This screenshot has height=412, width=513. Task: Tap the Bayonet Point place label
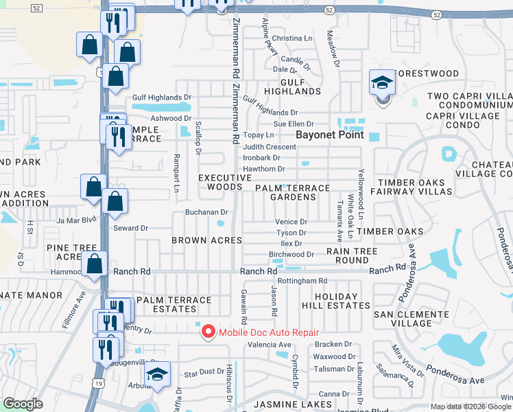tap(329, 135)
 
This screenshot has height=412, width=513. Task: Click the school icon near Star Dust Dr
tap(157, 375)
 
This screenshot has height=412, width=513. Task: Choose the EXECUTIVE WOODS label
tap(220, 182)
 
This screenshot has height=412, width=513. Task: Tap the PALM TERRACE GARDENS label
tap(292, 192)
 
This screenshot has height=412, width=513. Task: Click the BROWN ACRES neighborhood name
tap(206, 240)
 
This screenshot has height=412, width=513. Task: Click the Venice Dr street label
tap(291, 222)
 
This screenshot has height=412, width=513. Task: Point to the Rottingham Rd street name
tap(303, 281)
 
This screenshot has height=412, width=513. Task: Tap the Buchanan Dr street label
tap(206, 213)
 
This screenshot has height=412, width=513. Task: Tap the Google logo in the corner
tap(23, 404)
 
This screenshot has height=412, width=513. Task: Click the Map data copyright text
tap(470, 407)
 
